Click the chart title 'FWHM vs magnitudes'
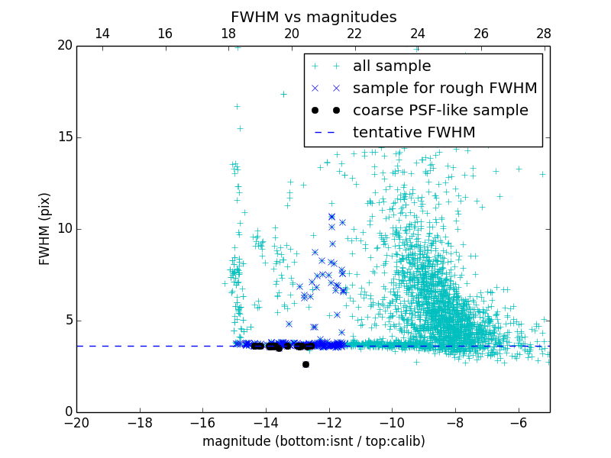coord(313,17)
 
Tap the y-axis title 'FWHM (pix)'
coord(45,228)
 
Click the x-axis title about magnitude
coord(313,441)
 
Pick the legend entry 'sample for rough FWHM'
coord(445,89)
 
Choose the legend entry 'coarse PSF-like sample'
coord(440,111)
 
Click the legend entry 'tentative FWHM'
coord(414,133)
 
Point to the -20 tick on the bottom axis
coord(76,422)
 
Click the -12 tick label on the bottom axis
coord(329,422)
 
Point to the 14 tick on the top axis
coord(102,34)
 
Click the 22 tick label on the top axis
coord(354,34)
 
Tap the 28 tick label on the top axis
coord(544,34)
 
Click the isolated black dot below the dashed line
coord(305,364)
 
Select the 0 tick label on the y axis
coord(68,412)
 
